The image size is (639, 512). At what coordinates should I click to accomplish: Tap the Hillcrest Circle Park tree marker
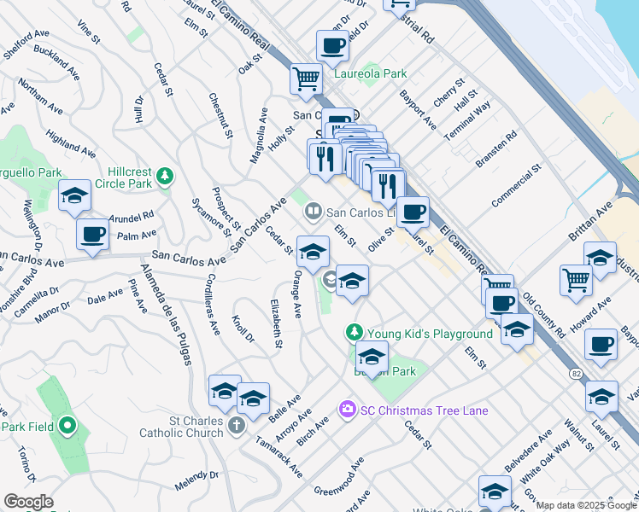click(x=165, y=177)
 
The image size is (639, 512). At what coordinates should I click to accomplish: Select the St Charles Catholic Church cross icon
click(x=237, y=424)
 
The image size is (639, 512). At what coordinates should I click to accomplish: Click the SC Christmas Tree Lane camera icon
click(x=347, y=410)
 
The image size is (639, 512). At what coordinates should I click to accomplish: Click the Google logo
click(x=28, y=502)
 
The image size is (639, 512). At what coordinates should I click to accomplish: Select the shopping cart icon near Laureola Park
click(x=306, y=79)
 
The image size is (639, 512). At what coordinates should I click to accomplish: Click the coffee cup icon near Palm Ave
click(x=92, y=233)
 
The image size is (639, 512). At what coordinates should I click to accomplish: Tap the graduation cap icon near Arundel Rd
click(x=74, y=195)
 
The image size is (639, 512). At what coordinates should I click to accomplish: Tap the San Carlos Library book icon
click(x=313, y=211)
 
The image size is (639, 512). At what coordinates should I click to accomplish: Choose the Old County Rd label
click(x=542, y=313)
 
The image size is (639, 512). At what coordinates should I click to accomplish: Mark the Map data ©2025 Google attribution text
click(x=587, y=505)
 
